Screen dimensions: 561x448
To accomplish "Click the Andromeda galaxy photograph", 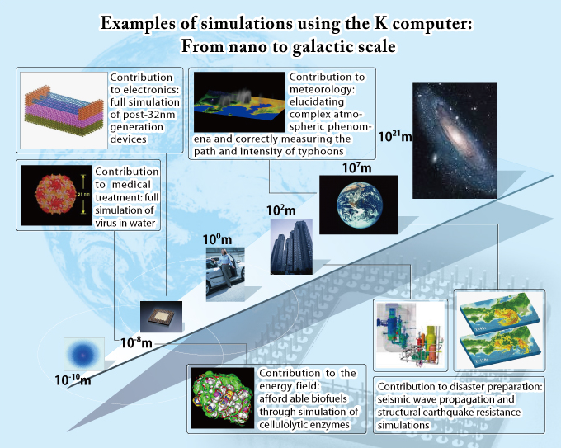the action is coord(455,140).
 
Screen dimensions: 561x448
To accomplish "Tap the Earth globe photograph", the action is coord(359,205).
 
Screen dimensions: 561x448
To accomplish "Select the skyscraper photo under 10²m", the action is coord(291,247).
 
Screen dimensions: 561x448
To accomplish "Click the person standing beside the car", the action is coord(226,268).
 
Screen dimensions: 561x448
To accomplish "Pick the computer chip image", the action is coord(161,317).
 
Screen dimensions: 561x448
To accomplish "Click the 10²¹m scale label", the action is coord(395,136).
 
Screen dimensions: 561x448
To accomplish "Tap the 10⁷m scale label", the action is coord(356,167).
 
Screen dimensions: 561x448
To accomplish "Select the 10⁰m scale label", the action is coord(217,239).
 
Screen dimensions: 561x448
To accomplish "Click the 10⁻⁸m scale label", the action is coord(136,342).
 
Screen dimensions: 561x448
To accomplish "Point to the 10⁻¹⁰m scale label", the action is coord(73,380).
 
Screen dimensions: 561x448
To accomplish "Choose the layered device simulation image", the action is coord(64,111).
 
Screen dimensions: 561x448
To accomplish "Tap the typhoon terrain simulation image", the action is coord(239,102).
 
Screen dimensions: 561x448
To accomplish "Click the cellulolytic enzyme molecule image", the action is coord(223,398).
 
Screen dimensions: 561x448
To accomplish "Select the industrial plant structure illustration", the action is coord(410,335).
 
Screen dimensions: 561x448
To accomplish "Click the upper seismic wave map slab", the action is coord(499,314).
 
